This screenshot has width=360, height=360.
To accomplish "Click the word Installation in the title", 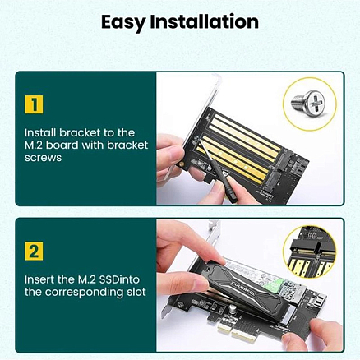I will coord(207,21).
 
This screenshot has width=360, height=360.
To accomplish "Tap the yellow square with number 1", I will coord(33,105).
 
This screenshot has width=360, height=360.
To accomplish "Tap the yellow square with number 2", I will coord(33,251).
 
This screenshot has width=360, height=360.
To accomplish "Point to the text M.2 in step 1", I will coord(35,145).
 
